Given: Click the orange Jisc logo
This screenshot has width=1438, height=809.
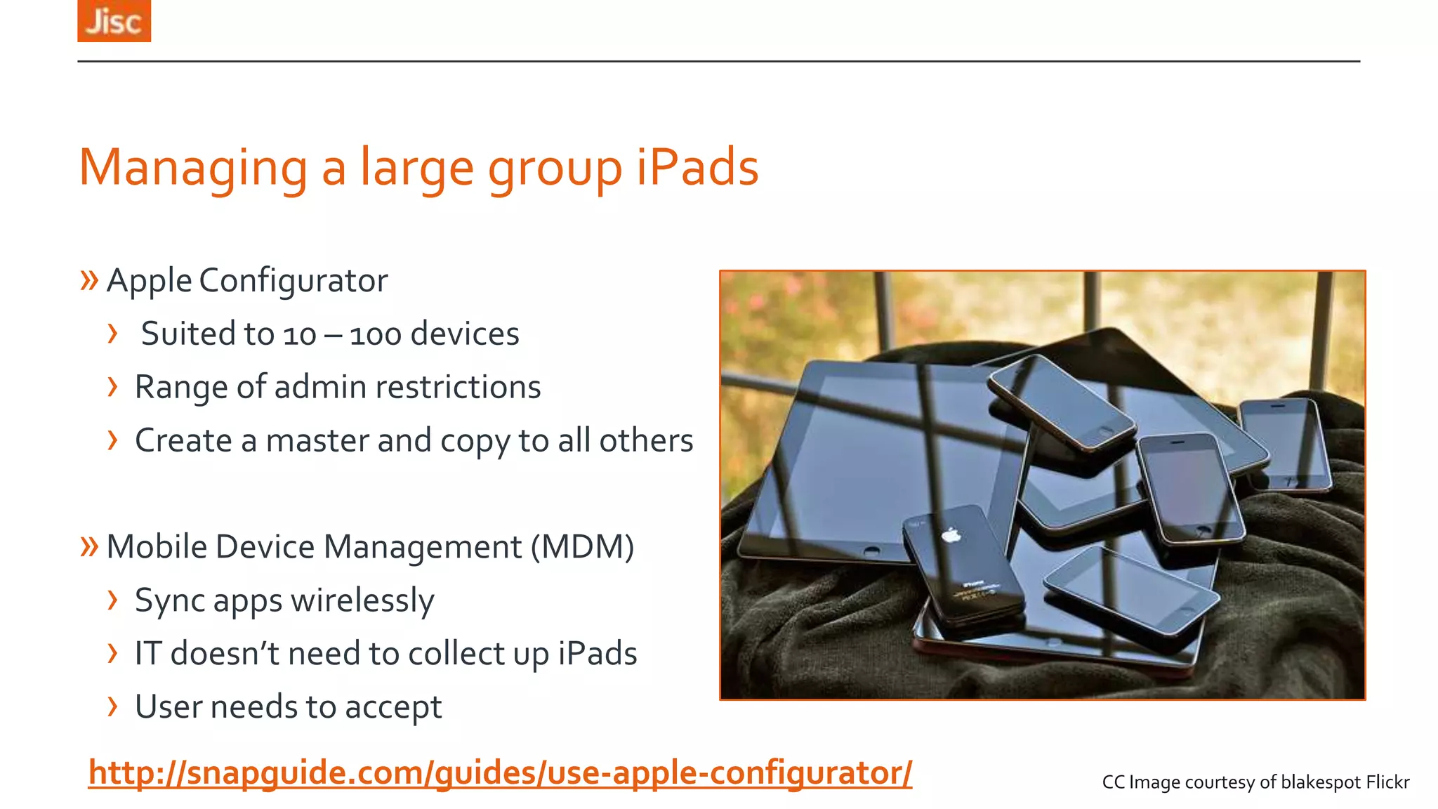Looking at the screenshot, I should (114, 20).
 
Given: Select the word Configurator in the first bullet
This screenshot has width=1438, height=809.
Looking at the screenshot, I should (293, 281).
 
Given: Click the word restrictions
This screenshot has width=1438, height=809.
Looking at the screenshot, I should (457, 387).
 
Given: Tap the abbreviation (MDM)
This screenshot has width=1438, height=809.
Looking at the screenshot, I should (582, 547).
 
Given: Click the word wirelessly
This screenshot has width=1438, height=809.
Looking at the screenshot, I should (362, 601).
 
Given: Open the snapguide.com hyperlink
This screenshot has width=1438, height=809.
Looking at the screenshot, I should (500, 773).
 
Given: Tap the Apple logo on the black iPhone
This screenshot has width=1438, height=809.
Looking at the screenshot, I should (951, 536).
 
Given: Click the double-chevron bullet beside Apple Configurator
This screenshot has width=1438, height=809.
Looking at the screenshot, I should (89, 280).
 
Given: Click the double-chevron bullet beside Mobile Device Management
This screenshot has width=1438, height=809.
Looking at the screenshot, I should (89, 546).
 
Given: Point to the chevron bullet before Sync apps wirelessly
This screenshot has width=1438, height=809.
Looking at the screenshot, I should (112, 600).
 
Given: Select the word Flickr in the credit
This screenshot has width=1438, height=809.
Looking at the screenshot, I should (1387, 782).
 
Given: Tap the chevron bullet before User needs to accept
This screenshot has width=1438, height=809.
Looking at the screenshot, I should (112, 706).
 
